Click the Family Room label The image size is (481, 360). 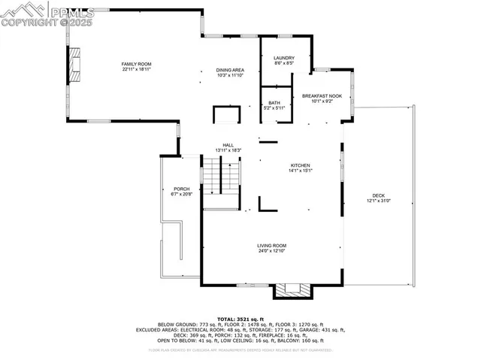(137, 64)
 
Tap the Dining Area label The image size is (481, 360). (231, 69)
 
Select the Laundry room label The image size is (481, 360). (283, 58)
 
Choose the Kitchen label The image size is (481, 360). (301, 165)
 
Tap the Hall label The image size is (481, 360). (228, 146)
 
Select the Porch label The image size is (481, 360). (182, 189)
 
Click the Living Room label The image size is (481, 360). (272, 246)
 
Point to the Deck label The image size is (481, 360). (378, 195)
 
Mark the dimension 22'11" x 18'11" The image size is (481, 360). (137, 69)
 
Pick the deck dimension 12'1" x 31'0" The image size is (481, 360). (378, 201)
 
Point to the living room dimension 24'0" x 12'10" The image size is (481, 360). (272, 251)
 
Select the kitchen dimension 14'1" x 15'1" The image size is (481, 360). (301, 170)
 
